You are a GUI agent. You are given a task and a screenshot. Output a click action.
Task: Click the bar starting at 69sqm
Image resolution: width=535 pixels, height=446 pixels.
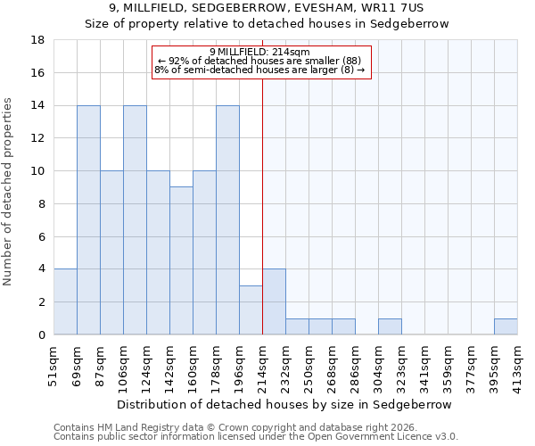tap(88, 220)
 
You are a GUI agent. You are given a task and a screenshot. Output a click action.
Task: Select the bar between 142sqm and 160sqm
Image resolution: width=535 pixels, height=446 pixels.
tap(181, 260)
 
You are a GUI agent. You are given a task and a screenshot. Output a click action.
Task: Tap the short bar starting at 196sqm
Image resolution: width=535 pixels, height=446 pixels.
tap(251, 310)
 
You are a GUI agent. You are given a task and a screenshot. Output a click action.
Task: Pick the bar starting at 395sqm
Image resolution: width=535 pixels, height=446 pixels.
tap(506, 326)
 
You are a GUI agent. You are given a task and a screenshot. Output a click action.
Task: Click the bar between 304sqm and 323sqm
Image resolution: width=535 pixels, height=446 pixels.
tap(390, 326)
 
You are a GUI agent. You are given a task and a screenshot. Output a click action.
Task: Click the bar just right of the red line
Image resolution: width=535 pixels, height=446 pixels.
tap(274, 301)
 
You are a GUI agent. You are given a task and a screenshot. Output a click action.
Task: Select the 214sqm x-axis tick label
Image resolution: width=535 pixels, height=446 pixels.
tap(262, 364)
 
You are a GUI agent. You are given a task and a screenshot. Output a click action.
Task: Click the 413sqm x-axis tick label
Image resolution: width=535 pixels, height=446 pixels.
tap(517, 364)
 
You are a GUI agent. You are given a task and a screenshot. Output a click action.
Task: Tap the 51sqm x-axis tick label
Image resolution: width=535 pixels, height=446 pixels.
tap(53, 364)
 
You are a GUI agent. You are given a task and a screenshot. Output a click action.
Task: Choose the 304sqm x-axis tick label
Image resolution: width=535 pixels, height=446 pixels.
tap(378, 364)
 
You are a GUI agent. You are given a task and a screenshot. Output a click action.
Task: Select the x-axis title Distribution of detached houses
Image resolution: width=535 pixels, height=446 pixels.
tap(284, 404)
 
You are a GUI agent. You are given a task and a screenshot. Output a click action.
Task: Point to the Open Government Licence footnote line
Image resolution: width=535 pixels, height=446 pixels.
tap(256, 436)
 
